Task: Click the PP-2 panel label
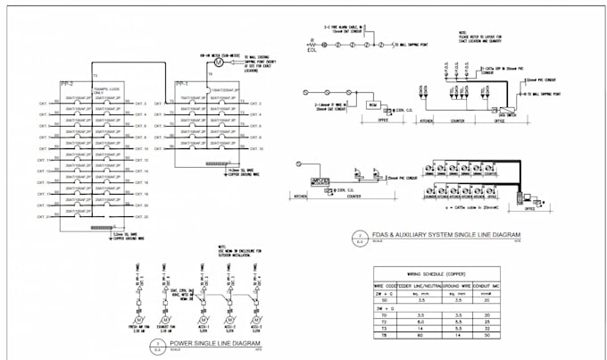(67, 82)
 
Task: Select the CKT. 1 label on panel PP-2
(42, 104)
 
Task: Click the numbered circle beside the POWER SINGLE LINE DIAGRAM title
(158, 343)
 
